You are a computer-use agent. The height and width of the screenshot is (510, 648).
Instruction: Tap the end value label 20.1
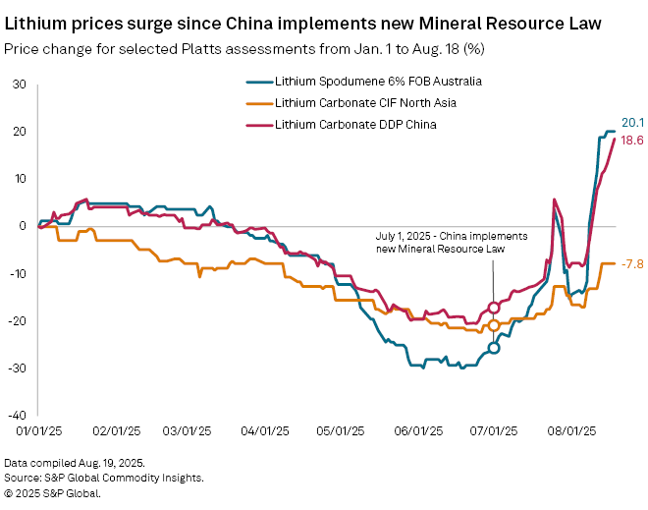[634, 123]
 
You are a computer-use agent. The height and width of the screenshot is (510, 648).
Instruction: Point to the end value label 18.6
[634, 141]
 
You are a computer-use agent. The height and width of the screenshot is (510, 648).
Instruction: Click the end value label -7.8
[633, 263]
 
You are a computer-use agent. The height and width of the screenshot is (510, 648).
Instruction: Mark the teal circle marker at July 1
[494, 348]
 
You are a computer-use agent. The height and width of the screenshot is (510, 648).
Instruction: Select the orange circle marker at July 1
[494, 325]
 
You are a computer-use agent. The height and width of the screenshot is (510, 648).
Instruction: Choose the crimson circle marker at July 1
[494, 308]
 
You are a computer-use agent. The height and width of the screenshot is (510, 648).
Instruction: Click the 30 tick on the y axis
[20, 85]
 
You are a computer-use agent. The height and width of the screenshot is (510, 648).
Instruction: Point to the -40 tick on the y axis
[17, 415]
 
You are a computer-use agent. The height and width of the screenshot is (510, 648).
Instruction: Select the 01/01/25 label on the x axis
[38, 430]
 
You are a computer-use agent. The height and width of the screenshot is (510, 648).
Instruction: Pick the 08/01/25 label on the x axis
[569, 430]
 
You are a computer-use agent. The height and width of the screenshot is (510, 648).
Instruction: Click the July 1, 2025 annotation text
[453, 243]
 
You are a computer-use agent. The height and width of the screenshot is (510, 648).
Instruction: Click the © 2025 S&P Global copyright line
[52, 493]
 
